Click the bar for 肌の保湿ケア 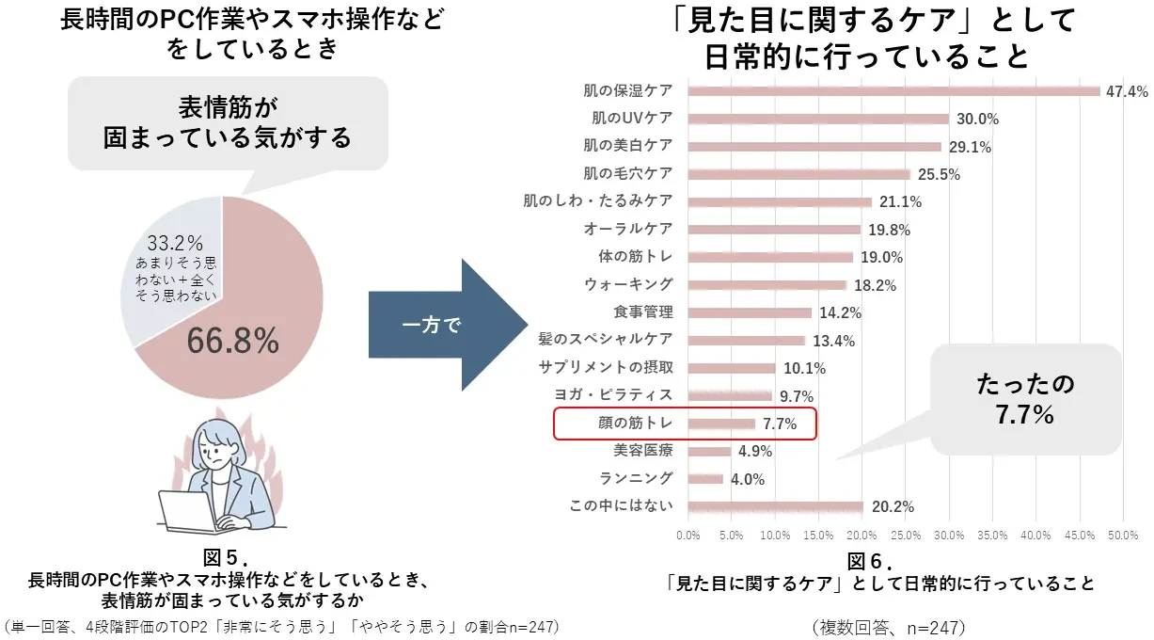point(893,91)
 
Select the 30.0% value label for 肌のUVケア point(977,120)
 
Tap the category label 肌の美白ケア point(628,146)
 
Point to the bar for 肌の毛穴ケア point(799,174)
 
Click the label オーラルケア point(628,229)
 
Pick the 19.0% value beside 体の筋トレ point(881,257)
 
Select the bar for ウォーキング point(767,284)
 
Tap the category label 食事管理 point(643,312)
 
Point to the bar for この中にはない point(776,506)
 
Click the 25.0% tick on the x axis point(906,536)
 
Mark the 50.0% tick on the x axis point(1123,536)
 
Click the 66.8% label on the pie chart point(232,341)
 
